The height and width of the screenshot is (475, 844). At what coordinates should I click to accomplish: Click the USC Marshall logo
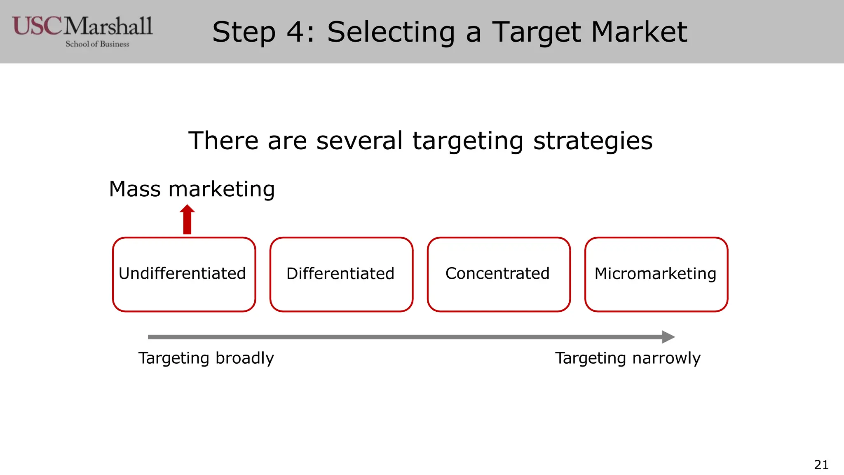[x=82, y=27]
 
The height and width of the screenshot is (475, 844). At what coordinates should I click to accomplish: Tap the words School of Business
[x=97, y=44]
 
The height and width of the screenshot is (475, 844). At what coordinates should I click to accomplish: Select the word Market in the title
[x=639, y=32]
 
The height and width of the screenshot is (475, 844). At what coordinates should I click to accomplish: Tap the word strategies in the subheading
[x=593, y=141]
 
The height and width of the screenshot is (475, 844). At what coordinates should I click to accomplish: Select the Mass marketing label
[x=192, y=189]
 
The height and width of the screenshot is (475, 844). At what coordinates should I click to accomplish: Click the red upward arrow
[x=187, y=220]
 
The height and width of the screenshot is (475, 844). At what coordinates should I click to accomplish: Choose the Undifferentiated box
[x=184, y=274]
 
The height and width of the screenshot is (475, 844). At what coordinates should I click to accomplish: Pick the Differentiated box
[x=341, y=274]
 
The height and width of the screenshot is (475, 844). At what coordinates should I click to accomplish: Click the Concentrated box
[x=499, y=274]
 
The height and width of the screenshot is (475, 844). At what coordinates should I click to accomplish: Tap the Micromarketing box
[x=656, y=274]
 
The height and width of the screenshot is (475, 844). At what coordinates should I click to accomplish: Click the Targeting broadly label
[x=206, y=358]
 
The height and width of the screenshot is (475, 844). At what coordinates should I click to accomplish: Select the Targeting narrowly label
[x=628, y=358]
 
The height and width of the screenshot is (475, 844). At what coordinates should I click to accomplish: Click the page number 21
[x=821, y=465]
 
